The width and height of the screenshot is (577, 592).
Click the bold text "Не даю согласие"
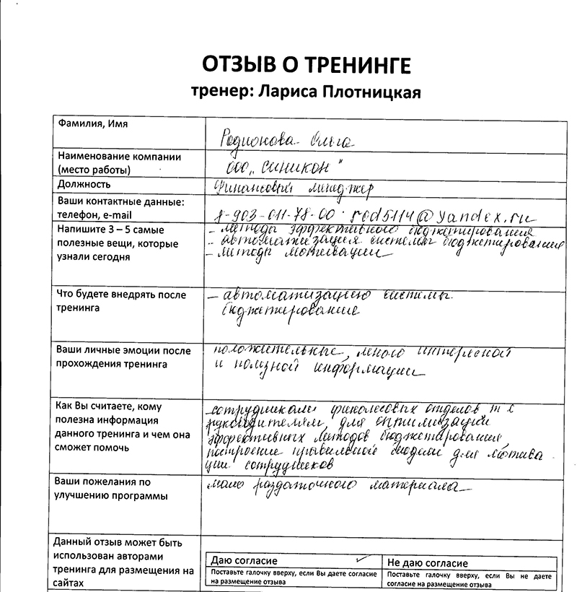point(428,563)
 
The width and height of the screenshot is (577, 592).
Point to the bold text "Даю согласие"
point(244,561)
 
